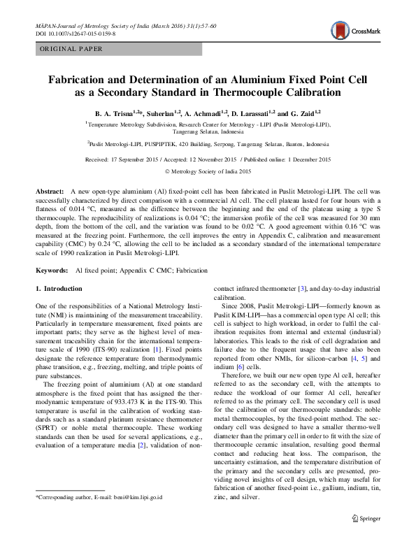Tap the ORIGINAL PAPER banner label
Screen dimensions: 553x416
tap(71, 49)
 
